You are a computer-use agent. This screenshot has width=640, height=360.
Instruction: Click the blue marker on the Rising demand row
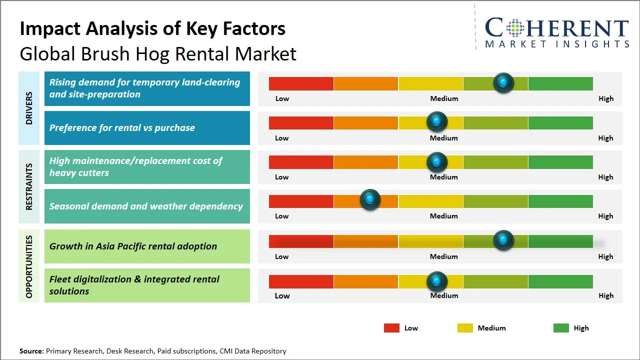[x=503, y=83]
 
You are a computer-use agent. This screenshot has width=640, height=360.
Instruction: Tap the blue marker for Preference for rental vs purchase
[x=437, y=121]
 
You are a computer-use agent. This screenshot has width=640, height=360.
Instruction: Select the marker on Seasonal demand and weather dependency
[x=370, y=200]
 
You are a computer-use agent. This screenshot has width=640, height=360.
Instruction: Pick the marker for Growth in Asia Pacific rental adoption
[x=503, y=240]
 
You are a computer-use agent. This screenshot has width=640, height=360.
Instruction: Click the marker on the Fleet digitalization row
[x=437, y=282]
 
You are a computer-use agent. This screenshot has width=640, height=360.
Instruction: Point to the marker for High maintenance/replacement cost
[x=437, y=162]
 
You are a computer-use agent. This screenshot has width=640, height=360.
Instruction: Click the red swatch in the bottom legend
[x=391, y=328]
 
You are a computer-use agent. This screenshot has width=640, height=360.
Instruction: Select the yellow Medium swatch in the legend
[x=465, y=328]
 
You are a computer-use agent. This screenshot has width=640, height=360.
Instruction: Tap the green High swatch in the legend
[x=561, y=328]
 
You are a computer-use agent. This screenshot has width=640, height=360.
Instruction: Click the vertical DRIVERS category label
[x=29, y=108]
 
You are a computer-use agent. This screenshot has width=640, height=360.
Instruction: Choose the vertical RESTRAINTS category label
[x=29, y=186]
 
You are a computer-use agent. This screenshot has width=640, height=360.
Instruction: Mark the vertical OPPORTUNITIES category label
[x=29, y=266]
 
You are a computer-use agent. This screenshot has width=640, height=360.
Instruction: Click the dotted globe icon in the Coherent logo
[x=514, y=28]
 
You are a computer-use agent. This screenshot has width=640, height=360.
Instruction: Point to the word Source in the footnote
[x=31, y=351]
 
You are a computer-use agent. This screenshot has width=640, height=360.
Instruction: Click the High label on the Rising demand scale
[x=606, y=98]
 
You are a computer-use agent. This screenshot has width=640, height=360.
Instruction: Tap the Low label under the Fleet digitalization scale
[x=282, y=295]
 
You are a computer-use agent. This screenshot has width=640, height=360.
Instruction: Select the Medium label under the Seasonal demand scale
[x=443, y=216]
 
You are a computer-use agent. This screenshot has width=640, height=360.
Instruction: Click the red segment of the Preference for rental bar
[x=301, y=122]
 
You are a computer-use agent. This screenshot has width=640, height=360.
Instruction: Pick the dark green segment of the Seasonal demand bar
[x=560, y=201]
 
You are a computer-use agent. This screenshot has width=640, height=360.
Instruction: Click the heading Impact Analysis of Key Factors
[x=152, y=28]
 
